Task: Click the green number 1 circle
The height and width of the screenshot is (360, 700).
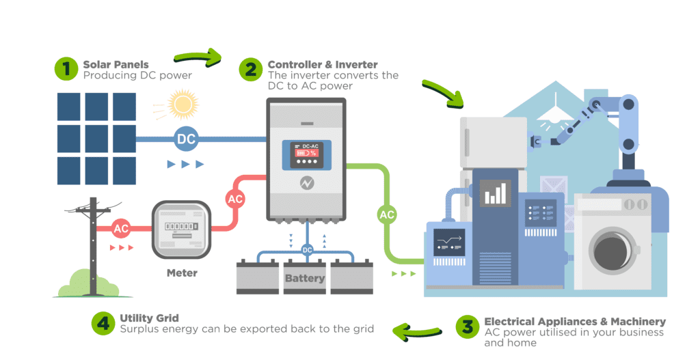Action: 66,68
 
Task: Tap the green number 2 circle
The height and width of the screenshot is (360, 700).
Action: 250,68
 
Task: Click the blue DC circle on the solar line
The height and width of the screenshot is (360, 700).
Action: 186,139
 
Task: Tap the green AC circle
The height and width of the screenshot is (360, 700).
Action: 388,214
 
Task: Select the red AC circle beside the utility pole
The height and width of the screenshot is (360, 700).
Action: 121,228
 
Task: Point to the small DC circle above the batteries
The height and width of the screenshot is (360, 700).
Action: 307,249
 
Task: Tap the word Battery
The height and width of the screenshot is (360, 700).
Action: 305,278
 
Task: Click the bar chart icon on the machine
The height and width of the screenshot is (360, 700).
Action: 494,193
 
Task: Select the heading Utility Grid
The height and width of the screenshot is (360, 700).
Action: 149,318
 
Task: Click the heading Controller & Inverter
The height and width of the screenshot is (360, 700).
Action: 323,64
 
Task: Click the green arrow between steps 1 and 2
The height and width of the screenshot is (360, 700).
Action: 198,58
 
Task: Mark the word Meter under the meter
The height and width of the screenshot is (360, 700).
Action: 182,273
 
